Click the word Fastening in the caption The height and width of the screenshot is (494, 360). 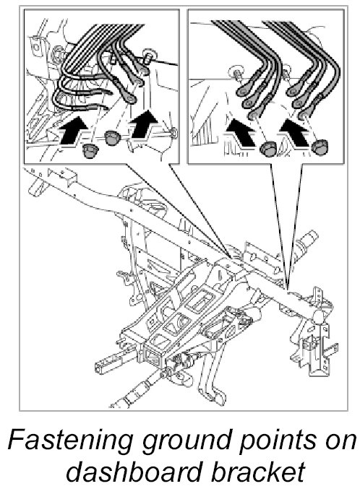click(70, 440)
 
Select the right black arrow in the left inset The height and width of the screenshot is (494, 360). click(143, 123)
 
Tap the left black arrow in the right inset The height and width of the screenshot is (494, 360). click(241, 133)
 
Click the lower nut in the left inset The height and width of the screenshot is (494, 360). click(90, 150)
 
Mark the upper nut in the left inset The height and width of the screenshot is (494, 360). click(113, 137)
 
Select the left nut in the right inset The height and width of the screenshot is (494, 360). click(268, 148)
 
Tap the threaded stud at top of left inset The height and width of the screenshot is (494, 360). click(147, 56)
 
